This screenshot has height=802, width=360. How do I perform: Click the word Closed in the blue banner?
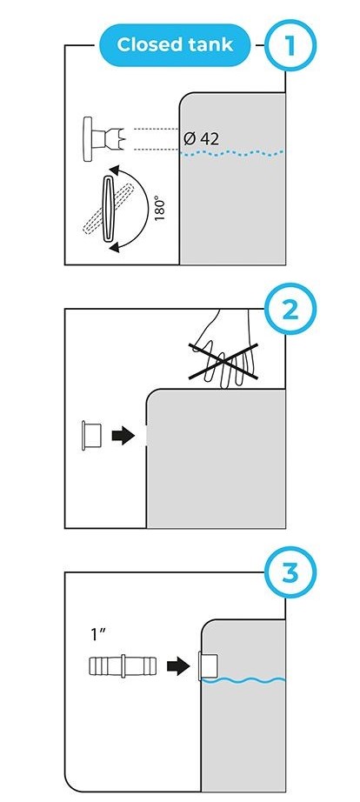(x=147, y=45)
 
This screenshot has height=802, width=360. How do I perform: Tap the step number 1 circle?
(x=290, y=45)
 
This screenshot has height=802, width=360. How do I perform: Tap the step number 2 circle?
(x=290, y=309)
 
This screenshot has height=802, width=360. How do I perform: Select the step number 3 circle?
(x=290, y=573)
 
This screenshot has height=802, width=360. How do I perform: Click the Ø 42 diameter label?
(x=201, y=138)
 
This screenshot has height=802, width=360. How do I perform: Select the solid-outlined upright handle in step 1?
(x=109, y=209)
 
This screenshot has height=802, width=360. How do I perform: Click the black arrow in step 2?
(x=123, y=436)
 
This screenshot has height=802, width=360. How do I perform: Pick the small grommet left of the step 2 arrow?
(x=91, y=436)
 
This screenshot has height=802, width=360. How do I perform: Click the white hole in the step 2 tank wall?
(x=147, y=436)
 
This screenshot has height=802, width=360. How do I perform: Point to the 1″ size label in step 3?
(x=97, y=635)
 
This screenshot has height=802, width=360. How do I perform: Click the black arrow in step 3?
(x=178, y=666)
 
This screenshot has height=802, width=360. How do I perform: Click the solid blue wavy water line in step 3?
(x=243, y=680)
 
